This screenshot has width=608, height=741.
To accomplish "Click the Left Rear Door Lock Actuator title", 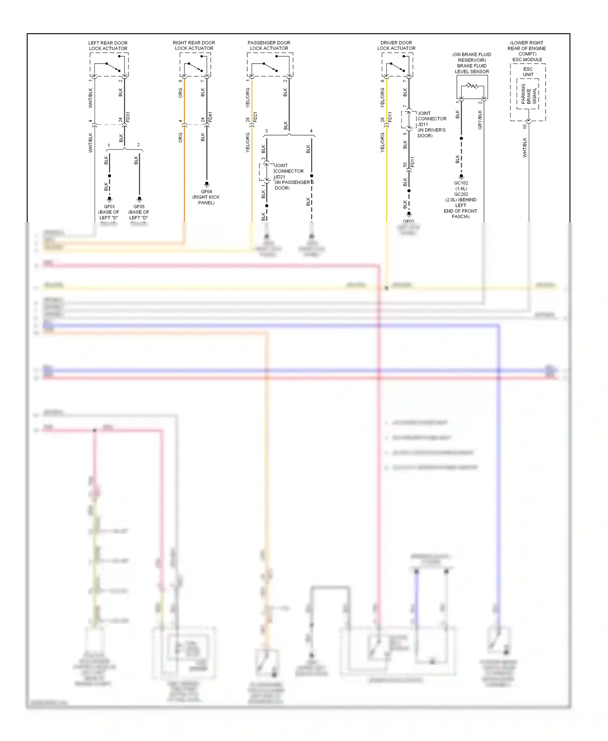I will click(108, 45).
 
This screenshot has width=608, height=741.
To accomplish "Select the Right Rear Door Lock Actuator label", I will click(194, 45).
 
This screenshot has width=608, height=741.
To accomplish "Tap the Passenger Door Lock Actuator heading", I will click(269, 45).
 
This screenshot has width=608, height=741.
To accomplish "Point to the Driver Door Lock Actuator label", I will click(396, 45).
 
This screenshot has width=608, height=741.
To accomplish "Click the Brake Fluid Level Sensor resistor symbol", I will click(472, 86).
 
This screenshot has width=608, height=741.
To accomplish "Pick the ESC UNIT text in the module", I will click(528, 72).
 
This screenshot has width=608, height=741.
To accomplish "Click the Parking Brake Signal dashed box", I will click(528, 94).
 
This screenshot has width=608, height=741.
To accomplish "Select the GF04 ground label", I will click(206, 192).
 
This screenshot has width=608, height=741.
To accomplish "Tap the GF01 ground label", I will click(109, 207).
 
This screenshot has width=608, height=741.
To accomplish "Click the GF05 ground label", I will click(139, 207).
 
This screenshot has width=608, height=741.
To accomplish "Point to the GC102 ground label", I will click(461, 183).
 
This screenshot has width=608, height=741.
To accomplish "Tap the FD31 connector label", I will click(128, 117).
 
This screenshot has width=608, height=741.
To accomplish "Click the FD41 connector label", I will click(210, 117).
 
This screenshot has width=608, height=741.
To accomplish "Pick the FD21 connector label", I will click(255, 117).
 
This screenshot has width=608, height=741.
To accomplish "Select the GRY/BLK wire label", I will click(480, 120).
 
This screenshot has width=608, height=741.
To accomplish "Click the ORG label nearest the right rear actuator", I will click(180, 93).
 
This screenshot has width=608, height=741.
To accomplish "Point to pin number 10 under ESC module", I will click(525, 126).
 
